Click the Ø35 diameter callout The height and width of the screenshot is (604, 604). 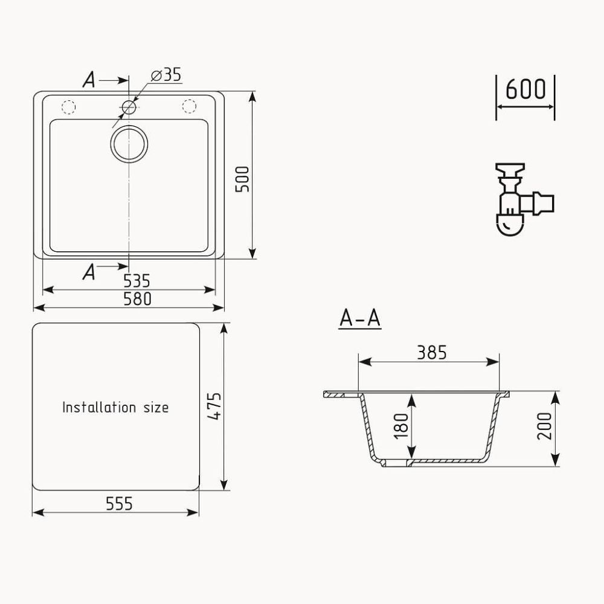click(166, 75)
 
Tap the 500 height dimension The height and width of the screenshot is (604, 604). click(242, 179)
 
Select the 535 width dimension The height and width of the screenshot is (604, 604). click(137, 280)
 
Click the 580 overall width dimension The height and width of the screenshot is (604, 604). click(137, 298)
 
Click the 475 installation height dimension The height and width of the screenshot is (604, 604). click(213, 408)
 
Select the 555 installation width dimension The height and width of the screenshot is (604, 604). click(118, 503)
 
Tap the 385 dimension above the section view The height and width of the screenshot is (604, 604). click(431, 352)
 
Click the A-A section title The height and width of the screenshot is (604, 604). click(359, 318)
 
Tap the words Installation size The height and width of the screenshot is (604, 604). click(115, 408)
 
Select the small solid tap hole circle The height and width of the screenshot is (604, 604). click(129, 108)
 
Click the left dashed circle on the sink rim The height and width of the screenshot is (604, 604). click(68, 108)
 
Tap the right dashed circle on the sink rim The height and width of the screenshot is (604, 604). click(190, 107)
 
